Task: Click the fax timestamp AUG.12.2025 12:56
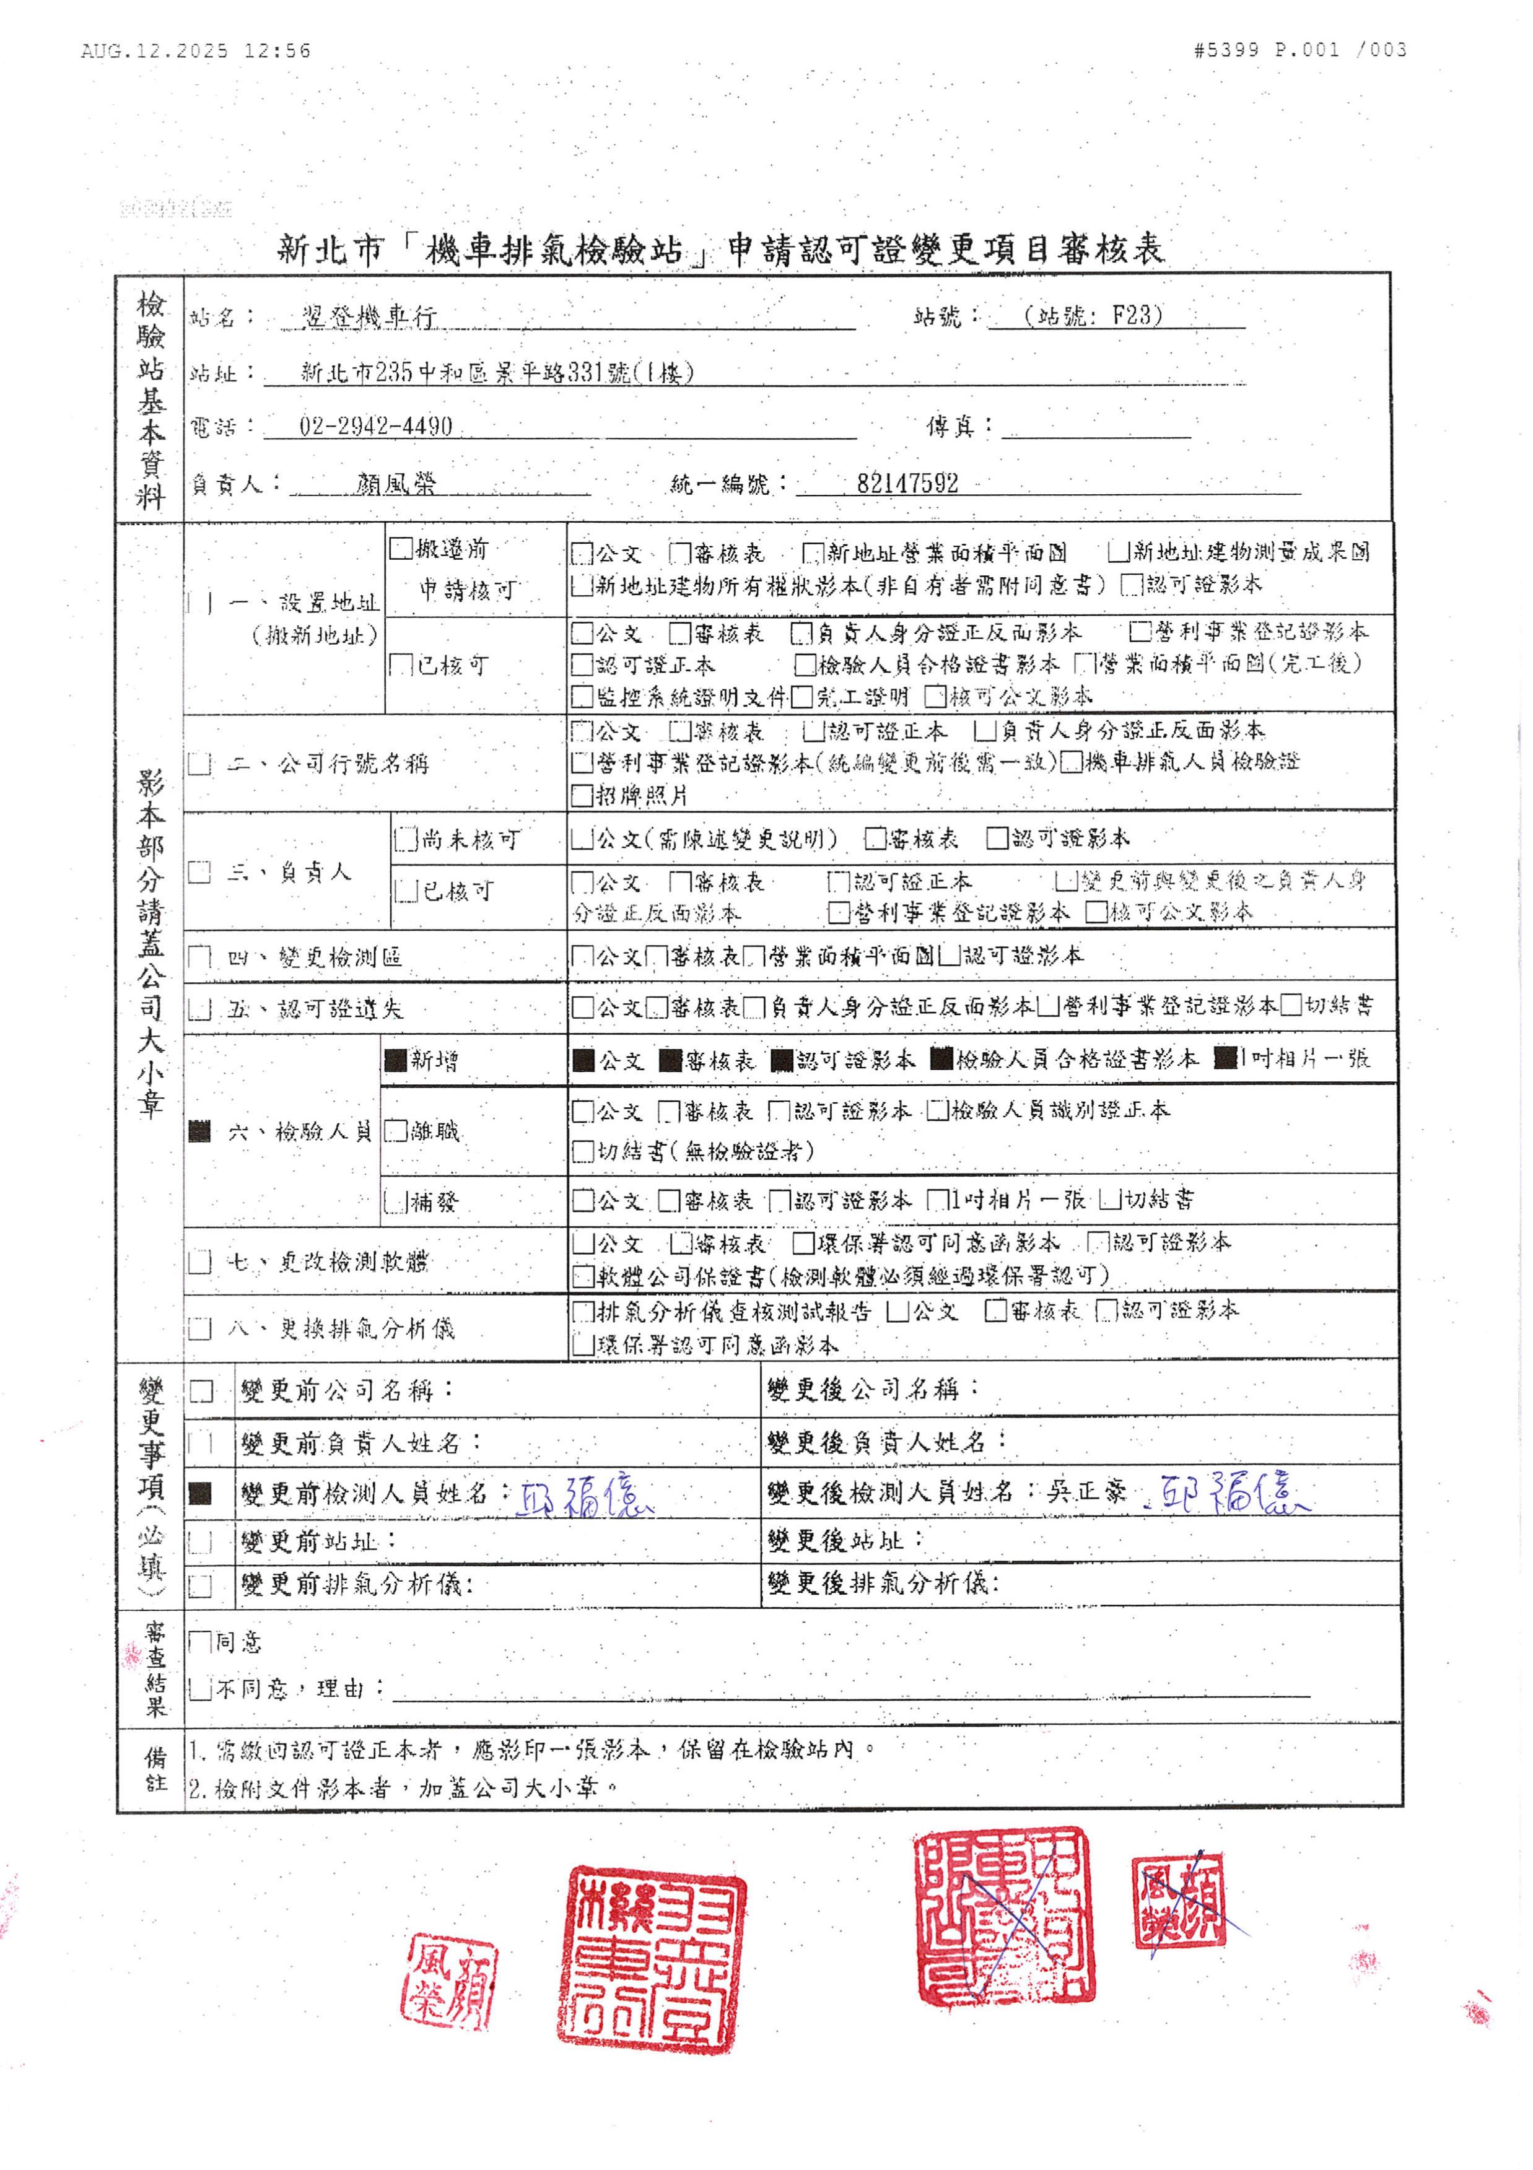pos(196,50)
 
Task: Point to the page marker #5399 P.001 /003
pos(1299,49)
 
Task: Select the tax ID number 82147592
pos(907,484)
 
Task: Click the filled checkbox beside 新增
pos(395,1060)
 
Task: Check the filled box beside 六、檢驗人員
pos(199,1130)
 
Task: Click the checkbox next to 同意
pos(199,1642)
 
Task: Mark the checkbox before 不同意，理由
pos(199,1688)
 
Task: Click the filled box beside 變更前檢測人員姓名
pos(199,1492)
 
